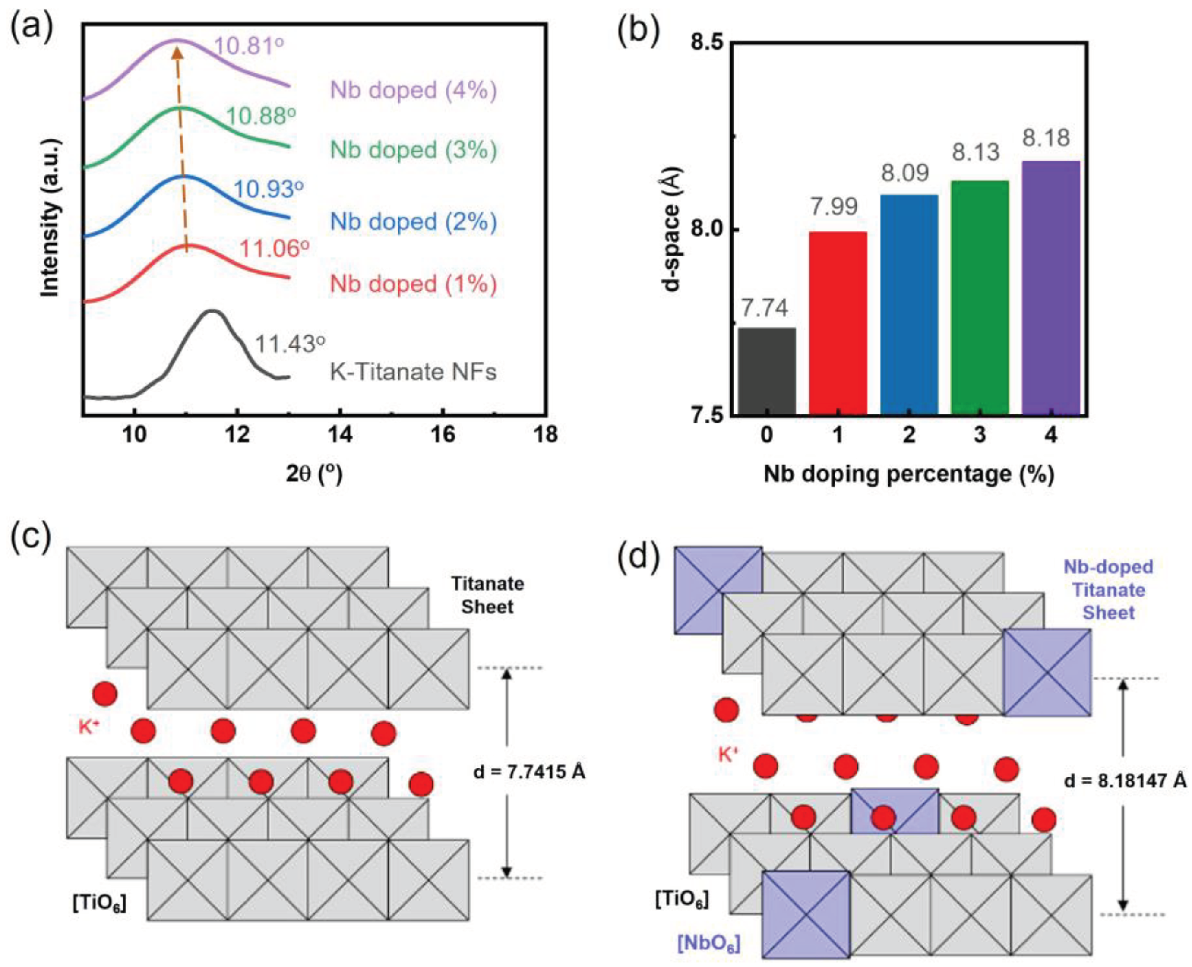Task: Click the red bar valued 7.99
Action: pos(838,323)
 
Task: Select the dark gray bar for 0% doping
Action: pos(767,371)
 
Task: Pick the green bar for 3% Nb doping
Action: pos(980,298)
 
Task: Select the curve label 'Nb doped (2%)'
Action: pos(413,222)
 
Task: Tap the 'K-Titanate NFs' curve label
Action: pos(413,372)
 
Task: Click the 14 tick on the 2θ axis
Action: pos(340,434)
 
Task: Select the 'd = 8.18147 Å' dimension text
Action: pos(1125,781)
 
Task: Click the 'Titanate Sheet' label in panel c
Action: pos(487,595)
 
